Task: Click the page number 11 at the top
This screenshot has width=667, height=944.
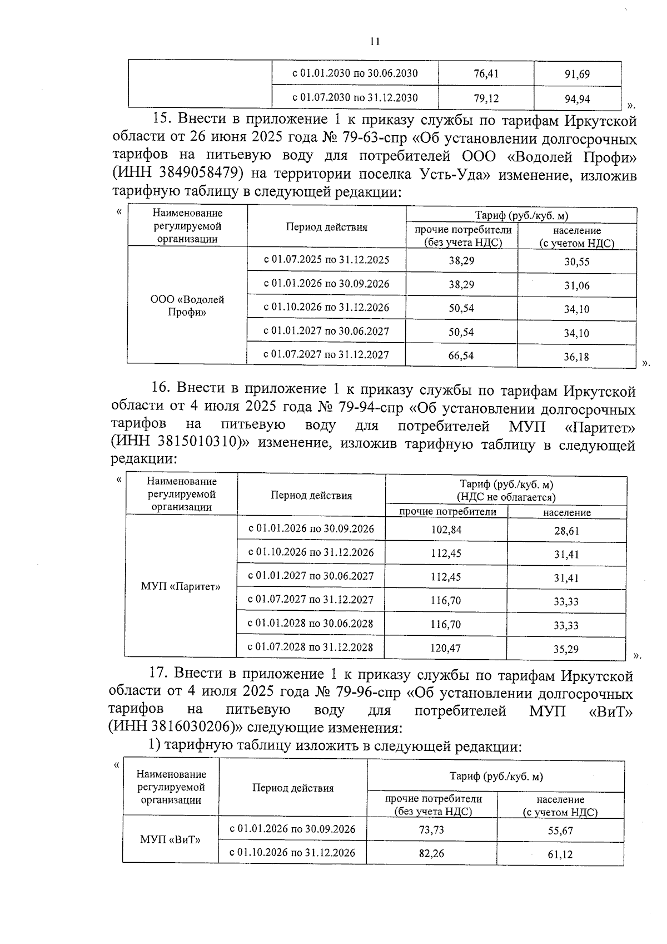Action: tap(375, 41)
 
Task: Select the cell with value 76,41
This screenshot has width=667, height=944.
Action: tap(486, 74)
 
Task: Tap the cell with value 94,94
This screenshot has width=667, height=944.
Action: tap(577, 100)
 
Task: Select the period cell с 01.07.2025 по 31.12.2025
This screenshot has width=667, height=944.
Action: tap(326, 260)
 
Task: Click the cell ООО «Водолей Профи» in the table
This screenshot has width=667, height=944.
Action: tap(187, 306)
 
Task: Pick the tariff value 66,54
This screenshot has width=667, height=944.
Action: tap(461, 355)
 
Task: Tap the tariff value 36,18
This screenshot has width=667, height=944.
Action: tap(576, 357)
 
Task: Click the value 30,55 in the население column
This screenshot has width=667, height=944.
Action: tap(576, 262)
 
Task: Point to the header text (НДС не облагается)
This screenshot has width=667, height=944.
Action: tap(506, 497)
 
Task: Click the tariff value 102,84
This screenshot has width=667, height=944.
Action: tap(446, 530)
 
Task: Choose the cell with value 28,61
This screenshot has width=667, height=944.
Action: tap(566, 531)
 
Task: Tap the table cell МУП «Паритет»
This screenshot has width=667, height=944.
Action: tap(181, 587)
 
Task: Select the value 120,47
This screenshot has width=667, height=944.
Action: tap(445, 648)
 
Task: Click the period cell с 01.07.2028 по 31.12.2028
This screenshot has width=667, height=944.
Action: tap(310, 647)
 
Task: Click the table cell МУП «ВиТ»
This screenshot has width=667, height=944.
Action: tap(171, 839)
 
